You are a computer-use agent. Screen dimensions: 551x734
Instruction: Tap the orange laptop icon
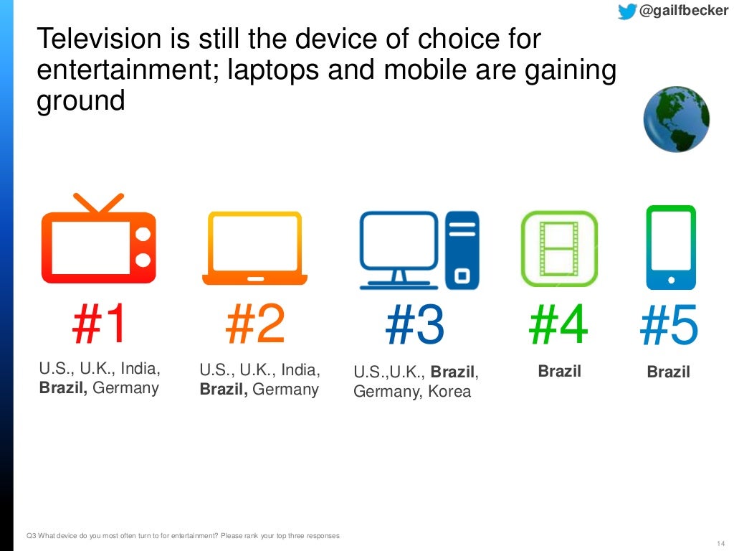(x=254, y=248)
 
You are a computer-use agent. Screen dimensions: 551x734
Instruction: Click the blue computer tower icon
(x=462, y=249)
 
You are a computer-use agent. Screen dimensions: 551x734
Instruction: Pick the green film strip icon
(x=558, y=244)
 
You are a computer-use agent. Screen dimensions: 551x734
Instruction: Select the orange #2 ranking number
(x=255, y=324)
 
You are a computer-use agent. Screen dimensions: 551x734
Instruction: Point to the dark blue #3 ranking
(x=415, y=326)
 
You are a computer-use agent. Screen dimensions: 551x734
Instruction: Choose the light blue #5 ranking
(x=669, y=327)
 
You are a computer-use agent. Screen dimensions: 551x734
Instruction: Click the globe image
(x=676, y=119)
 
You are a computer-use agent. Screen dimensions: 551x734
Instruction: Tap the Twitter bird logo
(x=626, y=11)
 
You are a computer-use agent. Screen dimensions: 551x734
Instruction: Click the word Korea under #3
(x=449, y=392)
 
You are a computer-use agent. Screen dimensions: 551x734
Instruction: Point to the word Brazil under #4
(x=559, y=372)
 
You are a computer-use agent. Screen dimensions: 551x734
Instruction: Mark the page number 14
(x=720, y=542)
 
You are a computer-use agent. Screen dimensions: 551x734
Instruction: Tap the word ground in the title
(x=80, y=101)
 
